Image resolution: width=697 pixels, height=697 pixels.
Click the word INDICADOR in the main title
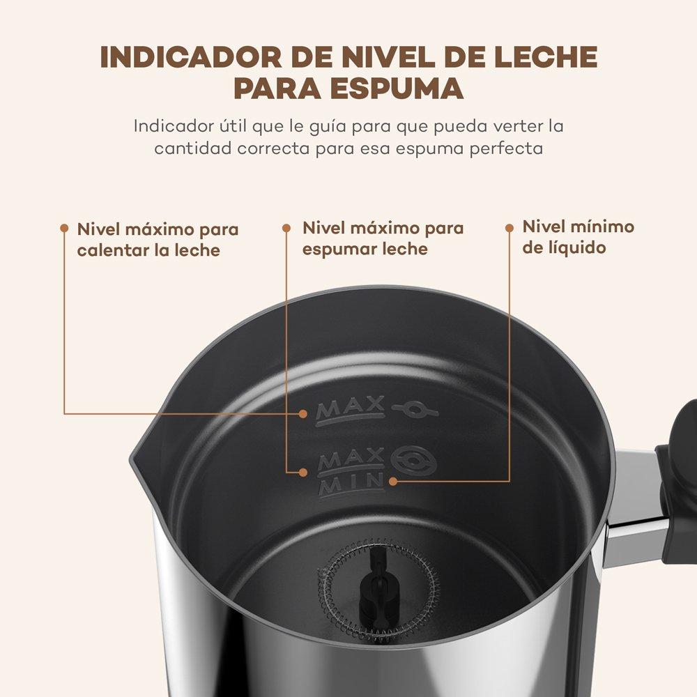pyautogui.click(x=190, y=57)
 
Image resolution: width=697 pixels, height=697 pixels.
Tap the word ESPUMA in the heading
pyautogui.click(x=397, y=88)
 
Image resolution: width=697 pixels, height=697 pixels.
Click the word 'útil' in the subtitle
pyautogui.click(x=233, y=125)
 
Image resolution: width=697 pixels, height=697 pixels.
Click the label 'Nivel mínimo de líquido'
pyautogui.click(x=578, y=236)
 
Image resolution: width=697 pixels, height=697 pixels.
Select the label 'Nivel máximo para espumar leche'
pyautogui.click(x=383, y=238)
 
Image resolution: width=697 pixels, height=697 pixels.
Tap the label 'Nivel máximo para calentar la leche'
pyautogui.click(x=158, y=240)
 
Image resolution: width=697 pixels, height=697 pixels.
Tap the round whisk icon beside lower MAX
pyautogui.click(x=414, y=461)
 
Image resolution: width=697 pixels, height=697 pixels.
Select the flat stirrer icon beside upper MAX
pyautogui.click(x=415, y=409)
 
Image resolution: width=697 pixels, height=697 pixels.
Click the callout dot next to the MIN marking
pyautogui.click(x=393, y=481)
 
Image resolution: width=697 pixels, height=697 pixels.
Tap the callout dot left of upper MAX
pyautogui.click(x=303, y=414)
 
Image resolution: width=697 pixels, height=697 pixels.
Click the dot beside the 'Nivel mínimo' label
pyautogui.click(x=510, y=228)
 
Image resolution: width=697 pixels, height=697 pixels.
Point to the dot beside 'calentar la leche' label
pyautogui.click(x=64, y=229)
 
